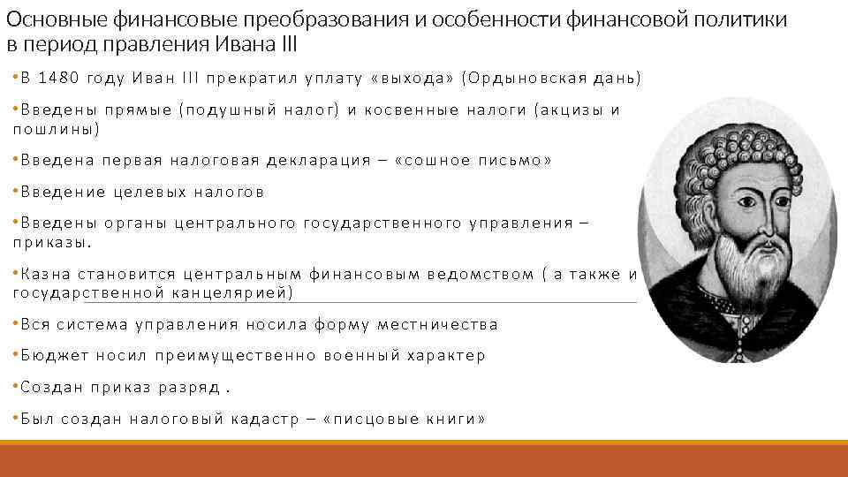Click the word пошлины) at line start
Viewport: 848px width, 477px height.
[x=56, y=129]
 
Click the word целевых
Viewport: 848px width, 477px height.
[x=145, y=192]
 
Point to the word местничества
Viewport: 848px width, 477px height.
[x=437, y=324]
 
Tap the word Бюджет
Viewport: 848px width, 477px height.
[x=51, y=355]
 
